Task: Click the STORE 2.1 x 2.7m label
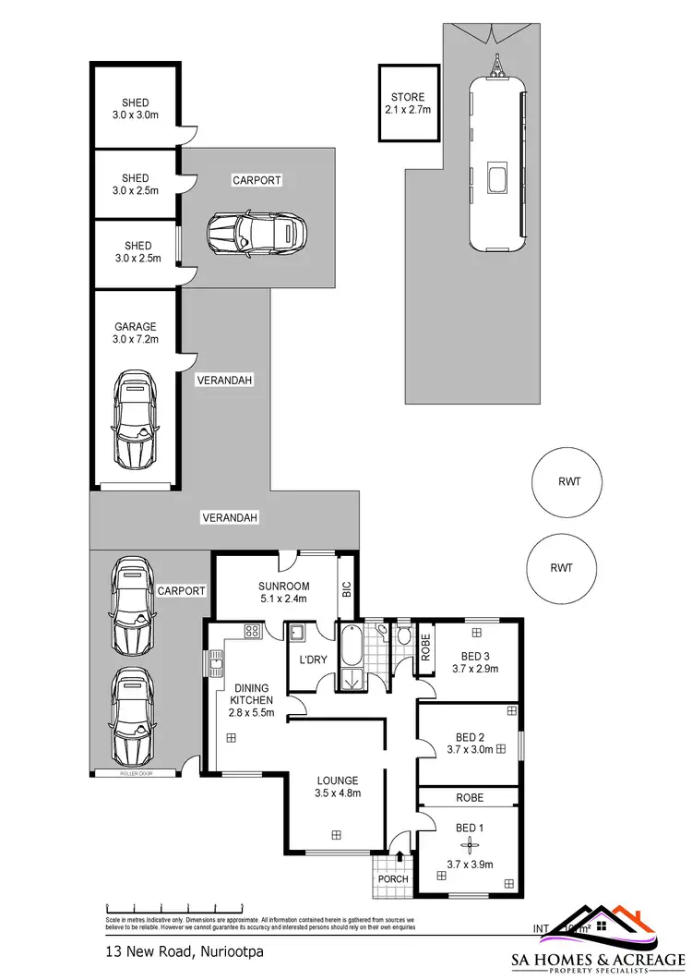[408, 103]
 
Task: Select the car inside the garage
[135, 417]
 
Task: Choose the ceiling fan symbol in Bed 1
[471, 845]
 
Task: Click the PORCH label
[394, 879]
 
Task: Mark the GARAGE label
[136, 326]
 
